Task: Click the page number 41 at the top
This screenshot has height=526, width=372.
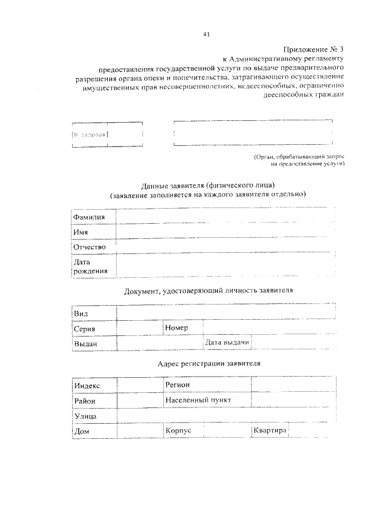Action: tap(206, 34)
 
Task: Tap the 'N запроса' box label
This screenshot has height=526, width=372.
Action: tap(89, 135)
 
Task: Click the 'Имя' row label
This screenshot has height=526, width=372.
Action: tap(81, 232)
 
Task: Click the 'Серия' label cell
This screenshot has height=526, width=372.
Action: tap(84, 329)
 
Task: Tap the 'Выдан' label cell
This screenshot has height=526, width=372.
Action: tap(85, 344)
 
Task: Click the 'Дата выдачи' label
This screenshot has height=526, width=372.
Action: tap(227, 343)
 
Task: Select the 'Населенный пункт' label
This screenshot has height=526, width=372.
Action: tap(198, 400)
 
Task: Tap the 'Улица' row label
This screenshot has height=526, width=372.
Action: tap(85, 416)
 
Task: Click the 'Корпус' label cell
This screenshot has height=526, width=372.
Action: tap(178, 431)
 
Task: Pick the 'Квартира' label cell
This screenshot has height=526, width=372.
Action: tap(270, 431)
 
